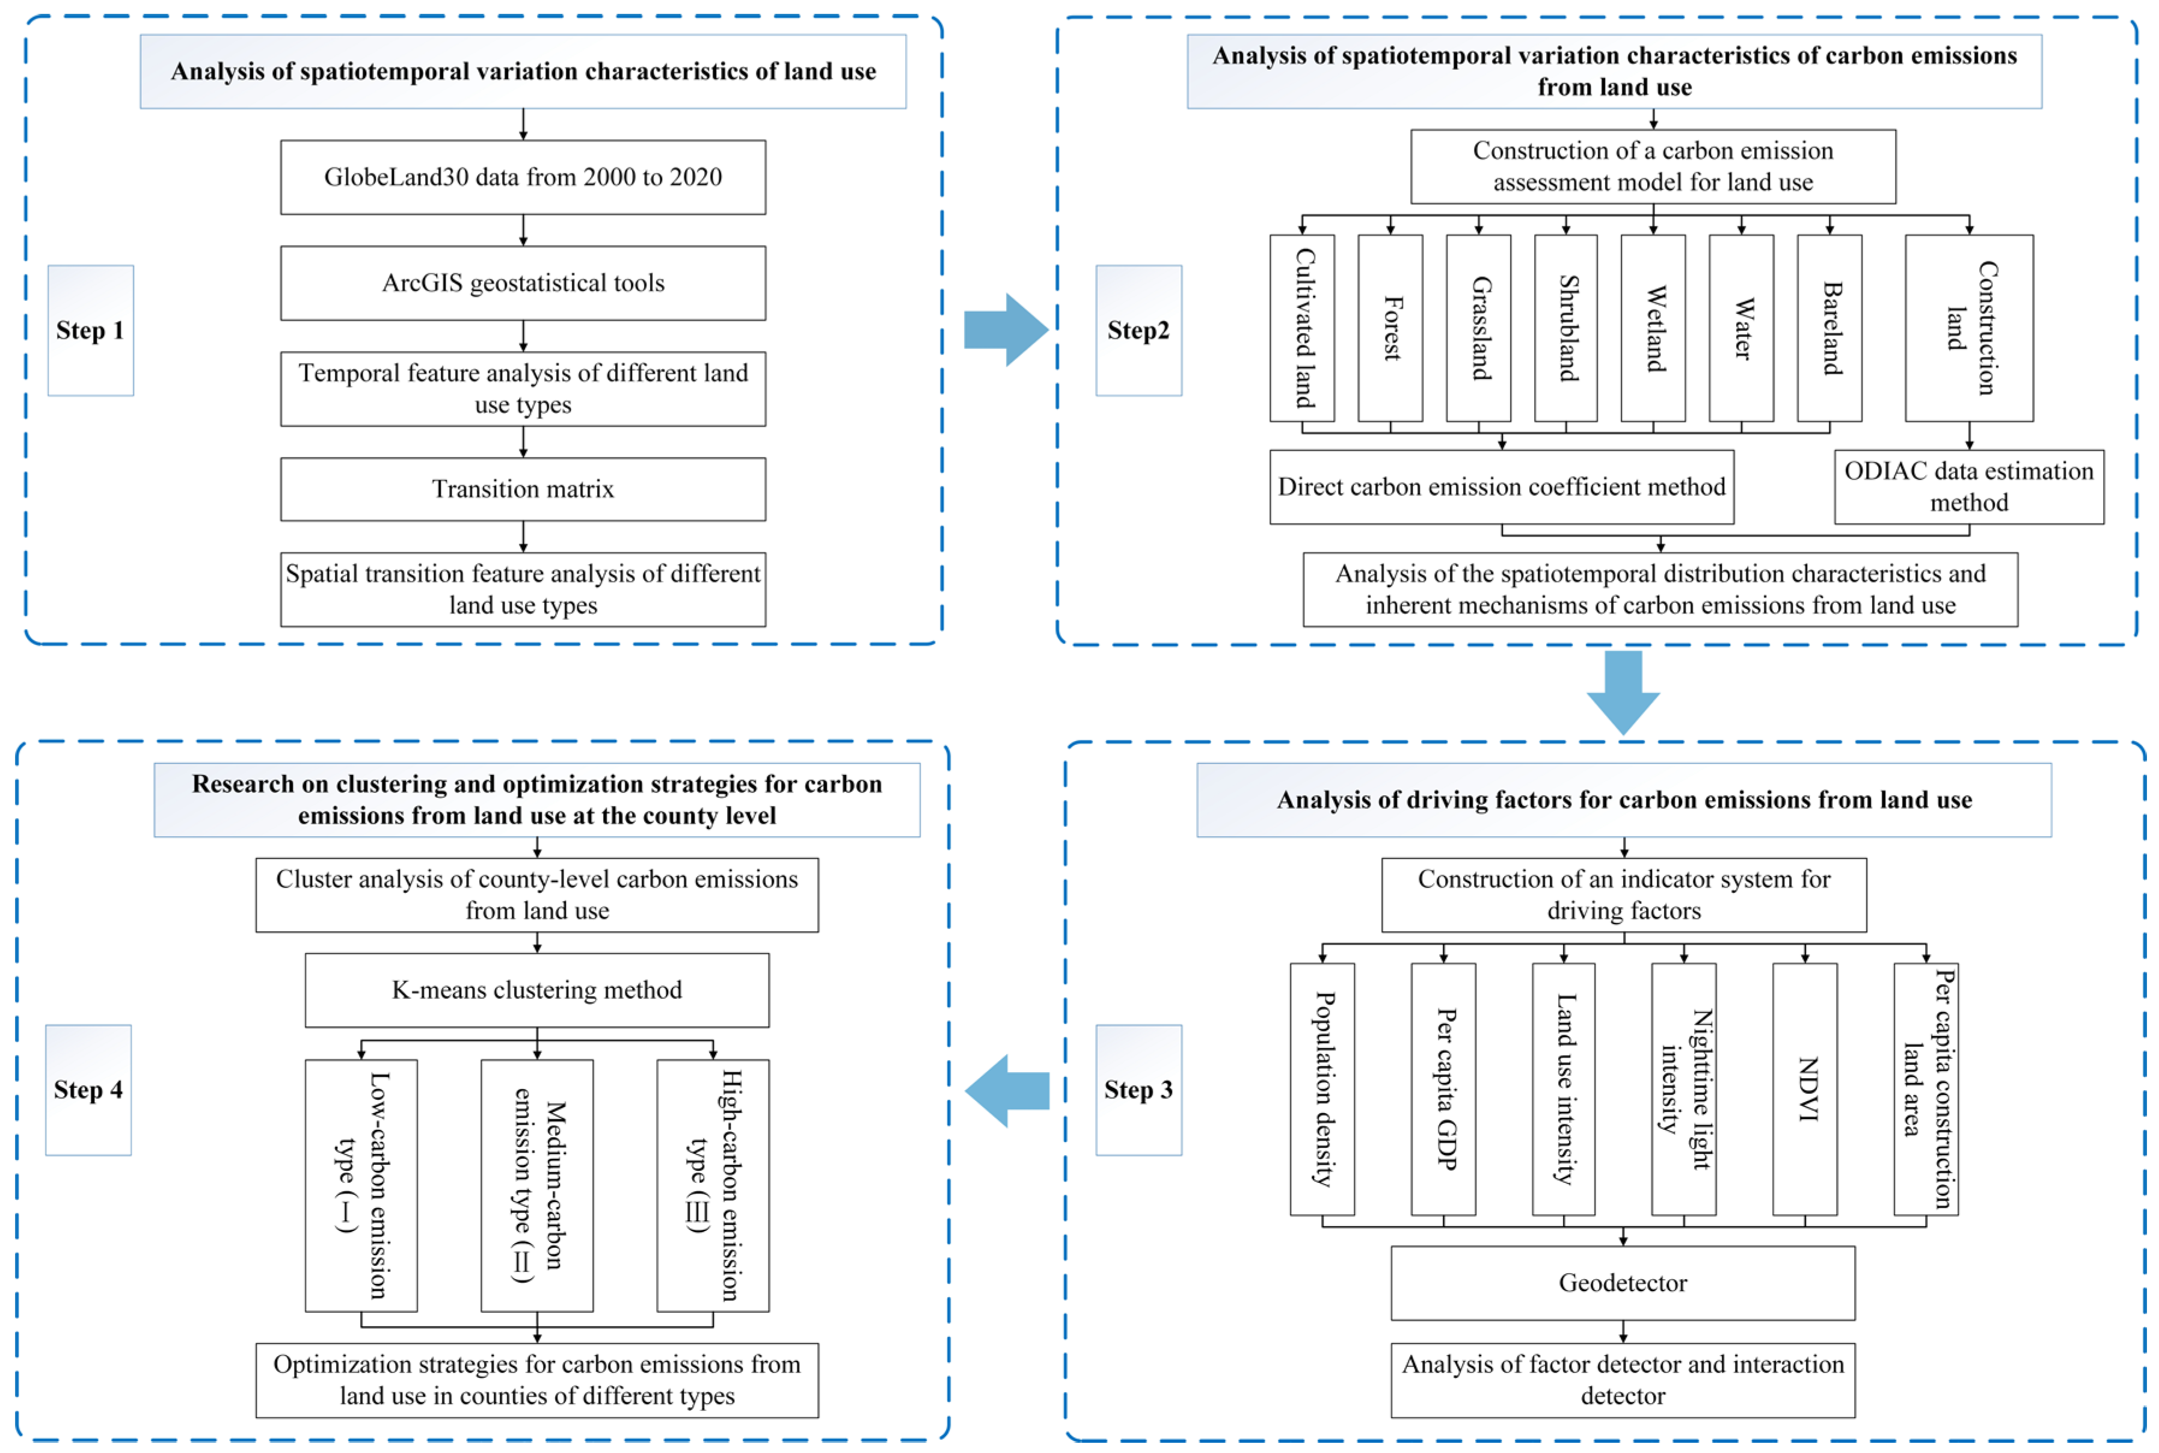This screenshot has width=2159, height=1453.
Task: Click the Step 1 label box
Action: (91, 331)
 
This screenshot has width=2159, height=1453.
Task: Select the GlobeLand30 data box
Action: (523, 177)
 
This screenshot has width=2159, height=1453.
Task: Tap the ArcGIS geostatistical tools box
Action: (523, 283)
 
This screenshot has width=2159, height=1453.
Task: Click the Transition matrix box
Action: (523, 489)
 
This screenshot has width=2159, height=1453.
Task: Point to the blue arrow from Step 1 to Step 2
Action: (1005, 330)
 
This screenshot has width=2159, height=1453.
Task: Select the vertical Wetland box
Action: (1653, 328)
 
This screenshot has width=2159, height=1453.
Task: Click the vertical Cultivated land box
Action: (1302, 328)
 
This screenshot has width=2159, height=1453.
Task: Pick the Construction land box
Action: (1968, 328)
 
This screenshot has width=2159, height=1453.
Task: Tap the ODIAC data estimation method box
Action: (1968, 487)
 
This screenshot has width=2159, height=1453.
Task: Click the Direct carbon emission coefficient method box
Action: (1502, 487)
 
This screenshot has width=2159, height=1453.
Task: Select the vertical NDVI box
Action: (1804, 1089)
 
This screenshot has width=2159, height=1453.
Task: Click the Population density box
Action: (1322, 1089)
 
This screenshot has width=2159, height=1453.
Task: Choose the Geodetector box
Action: (1623, 1283)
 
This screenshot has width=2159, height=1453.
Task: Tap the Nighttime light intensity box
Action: (1684, 1089)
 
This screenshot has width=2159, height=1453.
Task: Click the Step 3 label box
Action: (1138, 1090)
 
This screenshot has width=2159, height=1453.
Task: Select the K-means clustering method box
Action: (537, 990)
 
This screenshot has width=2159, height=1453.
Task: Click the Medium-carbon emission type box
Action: (537, 1185)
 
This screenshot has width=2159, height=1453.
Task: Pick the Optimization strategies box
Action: (537, 1380)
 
